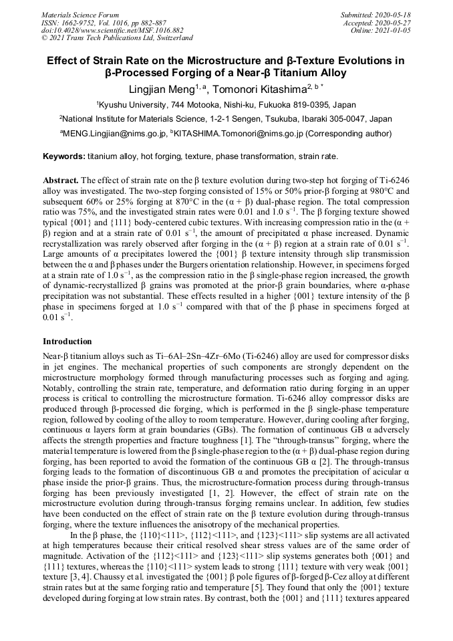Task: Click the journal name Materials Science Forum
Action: pyautogui.click(x=80, y=15)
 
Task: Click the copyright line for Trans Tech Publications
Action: pyautogui.click(x=117, y=39)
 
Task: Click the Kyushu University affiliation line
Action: pyautogui.click(x=226, y=105)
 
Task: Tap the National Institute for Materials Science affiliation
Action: pyautogui.click(x=226, y=119)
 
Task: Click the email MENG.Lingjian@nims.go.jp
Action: pyautogui.click(x=112, y=134)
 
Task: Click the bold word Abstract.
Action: pyautogui.click(x=60, y=181)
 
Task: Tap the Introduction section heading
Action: pyautogui.click(x=67, y=342)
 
